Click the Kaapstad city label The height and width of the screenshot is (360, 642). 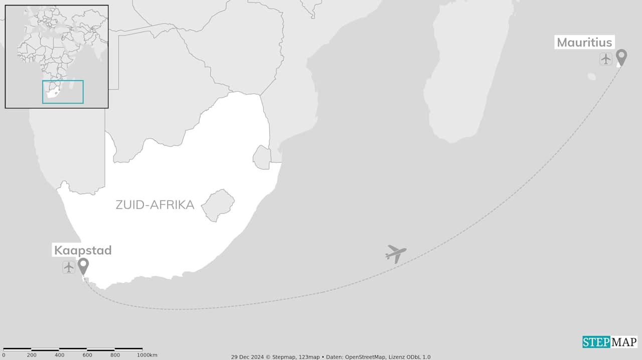point(83,250)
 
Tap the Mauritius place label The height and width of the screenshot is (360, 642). point(584,43)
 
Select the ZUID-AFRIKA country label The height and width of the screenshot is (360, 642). point(154,205)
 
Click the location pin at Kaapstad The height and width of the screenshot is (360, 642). point(83,266)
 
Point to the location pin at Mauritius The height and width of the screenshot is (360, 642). point(621,57)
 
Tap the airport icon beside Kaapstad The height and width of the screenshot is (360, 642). point(69,267)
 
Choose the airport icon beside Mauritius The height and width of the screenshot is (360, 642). point(606,59)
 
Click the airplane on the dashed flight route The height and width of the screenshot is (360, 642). point(396,253)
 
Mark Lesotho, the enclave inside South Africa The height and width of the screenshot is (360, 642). point(218,205)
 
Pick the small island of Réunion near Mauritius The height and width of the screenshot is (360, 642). point(592,77)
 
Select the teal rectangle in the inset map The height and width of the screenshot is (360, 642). point(63,92)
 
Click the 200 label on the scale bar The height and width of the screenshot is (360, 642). point(32,355)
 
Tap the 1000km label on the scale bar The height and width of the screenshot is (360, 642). point(147,355)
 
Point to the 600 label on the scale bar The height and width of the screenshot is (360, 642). point(87,355)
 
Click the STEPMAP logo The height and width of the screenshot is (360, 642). point(609,342)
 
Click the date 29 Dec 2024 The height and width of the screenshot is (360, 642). point(247,357)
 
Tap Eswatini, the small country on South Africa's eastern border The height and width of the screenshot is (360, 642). point(262,157)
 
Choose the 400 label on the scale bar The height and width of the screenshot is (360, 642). point(60,355)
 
